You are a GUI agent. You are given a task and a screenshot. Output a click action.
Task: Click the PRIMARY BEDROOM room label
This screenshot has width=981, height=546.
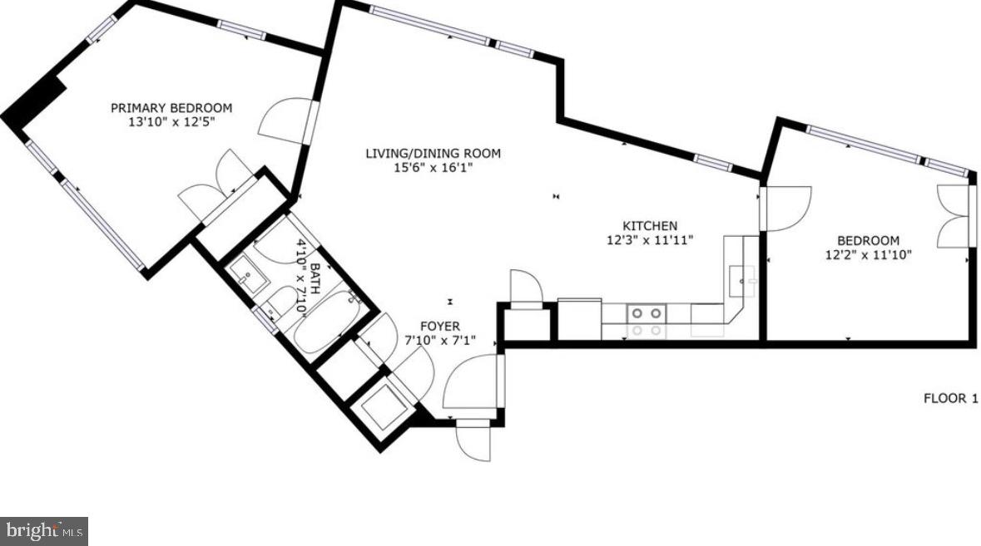[171, 108]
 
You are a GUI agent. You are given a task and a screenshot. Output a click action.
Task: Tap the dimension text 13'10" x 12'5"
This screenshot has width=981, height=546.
[171, 122]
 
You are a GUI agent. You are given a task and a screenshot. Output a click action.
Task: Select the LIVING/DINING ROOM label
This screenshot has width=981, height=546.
[434, 153]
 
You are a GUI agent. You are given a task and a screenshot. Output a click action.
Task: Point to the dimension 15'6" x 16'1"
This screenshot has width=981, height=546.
[434, 167]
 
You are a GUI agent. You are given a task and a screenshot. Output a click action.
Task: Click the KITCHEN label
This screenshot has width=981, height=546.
[650, 225]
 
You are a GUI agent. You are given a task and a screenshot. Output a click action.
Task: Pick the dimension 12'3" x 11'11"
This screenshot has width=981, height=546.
[650, 239]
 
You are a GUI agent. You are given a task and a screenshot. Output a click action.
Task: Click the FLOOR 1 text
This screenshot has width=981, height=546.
[950, 399]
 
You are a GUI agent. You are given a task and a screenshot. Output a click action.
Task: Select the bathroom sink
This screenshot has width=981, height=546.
[245, 272]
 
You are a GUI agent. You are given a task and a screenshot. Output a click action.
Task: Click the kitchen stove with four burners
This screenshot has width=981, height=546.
[646, 313]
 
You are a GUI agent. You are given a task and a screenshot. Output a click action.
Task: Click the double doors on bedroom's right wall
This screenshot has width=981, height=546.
[955, 216]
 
